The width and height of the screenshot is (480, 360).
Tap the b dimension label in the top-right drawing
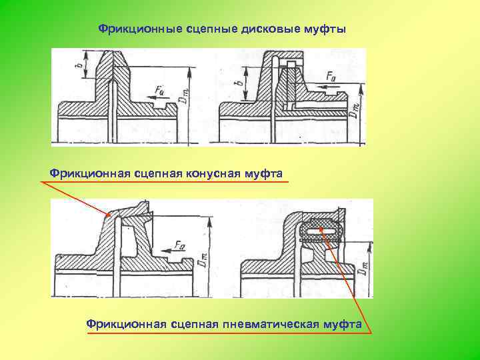pyautogui.click(x=239, y=85)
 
